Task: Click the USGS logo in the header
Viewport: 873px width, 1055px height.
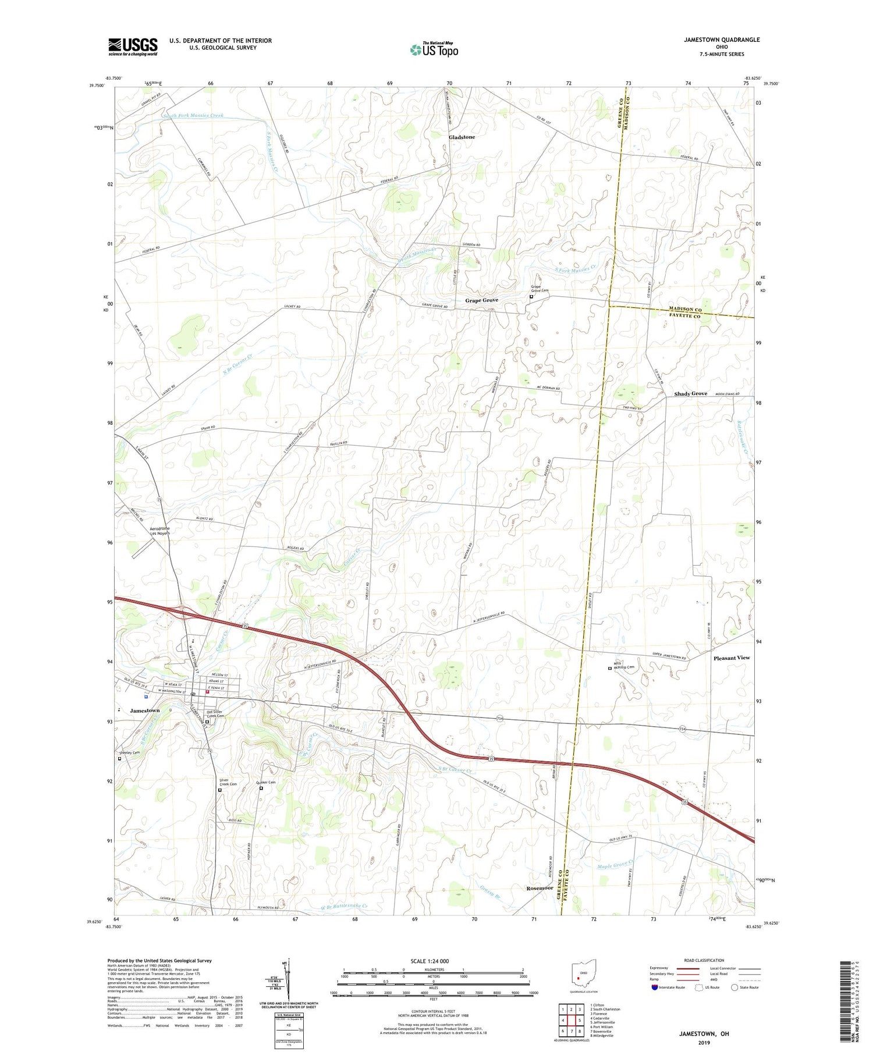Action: [x=133, y=47]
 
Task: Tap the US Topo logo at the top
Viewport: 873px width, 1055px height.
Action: [x=434, y=50]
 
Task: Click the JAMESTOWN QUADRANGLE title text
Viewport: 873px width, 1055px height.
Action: [x=722, y=40]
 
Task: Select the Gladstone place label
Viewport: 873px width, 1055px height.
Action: [x=462, y=137]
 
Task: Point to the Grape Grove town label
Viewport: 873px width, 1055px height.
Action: [x=481, y=300]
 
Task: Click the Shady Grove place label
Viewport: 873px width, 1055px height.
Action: [x=690, y=394]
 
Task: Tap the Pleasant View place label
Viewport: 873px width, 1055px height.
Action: [x=732, y=658]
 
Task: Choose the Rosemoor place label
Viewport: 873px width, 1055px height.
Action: [x=540, y=888]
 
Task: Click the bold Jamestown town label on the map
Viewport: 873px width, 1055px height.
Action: [x=144, y=711]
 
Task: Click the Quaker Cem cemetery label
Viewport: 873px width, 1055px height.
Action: [x=265, y=782]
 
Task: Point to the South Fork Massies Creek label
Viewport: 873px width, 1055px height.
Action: [x=193, y=116]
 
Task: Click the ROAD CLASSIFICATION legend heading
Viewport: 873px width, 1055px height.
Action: [x=704, y=960]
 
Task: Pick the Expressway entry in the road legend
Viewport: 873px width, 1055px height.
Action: [x=662, y=968]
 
